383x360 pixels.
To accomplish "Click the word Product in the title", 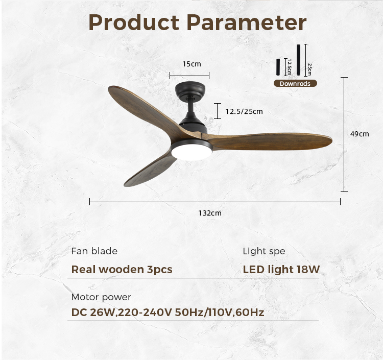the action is (x=134, y=22).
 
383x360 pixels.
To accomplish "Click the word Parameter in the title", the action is (x=247, y=22).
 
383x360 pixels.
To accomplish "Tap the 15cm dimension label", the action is (x=192, y=64).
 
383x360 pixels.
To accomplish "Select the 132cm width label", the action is (x=210, y=213).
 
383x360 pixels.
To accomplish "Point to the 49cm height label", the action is (x=360, y=134).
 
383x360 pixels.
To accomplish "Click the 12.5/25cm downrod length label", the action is (x=244, y=111).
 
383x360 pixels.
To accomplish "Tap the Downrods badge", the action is (x=295, y=84).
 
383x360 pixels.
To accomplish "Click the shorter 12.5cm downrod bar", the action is (x=278, y=67).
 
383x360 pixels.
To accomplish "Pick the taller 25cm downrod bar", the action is (x=299, y=60).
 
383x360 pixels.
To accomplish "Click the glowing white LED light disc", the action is (x=192, y=152).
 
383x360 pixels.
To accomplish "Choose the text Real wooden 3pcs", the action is (x=122, y=270).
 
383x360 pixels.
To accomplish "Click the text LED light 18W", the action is (x=281, y=270).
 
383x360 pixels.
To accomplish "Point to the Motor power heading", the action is (x=101, y=297).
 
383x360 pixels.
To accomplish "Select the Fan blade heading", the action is (x=94, y=251).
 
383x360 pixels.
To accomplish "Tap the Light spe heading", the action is (x=264, y=252).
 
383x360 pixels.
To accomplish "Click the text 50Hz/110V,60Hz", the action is (x=220, y=313).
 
